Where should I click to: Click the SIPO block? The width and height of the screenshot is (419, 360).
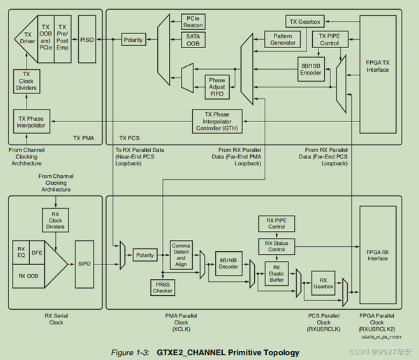coord(84,264)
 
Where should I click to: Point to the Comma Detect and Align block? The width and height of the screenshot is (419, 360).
coord(181,254)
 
